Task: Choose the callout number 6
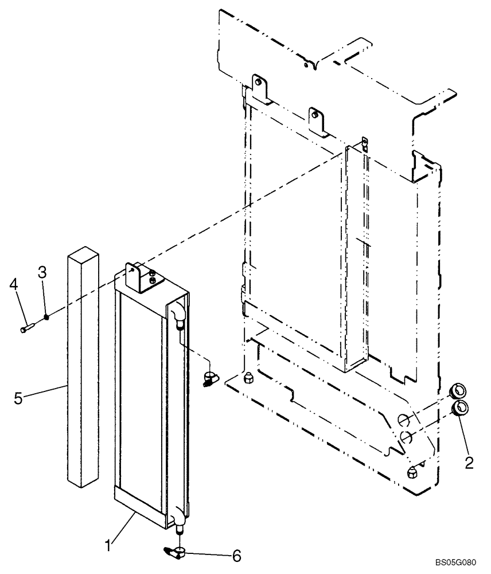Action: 236,555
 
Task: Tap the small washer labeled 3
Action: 47,316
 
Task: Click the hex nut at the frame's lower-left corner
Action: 248,378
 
